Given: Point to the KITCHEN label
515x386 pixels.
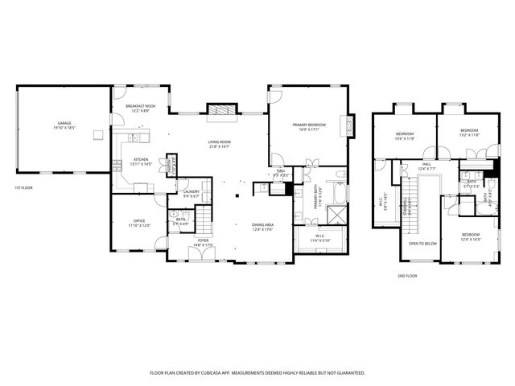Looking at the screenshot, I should click(x=141, y=161).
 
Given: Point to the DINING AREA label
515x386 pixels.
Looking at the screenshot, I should click(x=263, y=227).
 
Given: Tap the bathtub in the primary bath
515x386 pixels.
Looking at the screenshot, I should click(x=341, y=192).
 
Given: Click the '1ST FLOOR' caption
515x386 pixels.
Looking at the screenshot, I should click(x=23, y=188).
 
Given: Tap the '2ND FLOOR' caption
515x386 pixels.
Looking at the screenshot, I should click(x=407, y=276).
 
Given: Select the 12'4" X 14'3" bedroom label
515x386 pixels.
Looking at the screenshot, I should click(x=470, y=236).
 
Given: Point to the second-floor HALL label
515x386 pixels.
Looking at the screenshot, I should click(x=426, y=166).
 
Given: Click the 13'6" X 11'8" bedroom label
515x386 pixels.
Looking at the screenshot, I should click(x=405, y=134).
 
